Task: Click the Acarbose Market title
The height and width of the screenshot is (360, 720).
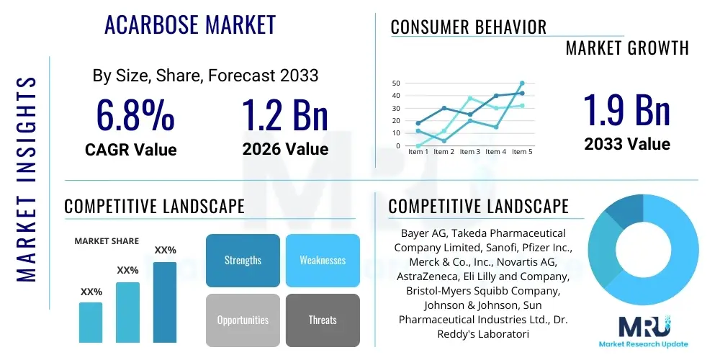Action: (x=190, y=25)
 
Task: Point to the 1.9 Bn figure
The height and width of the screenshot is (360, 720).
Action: (x=626, y=110)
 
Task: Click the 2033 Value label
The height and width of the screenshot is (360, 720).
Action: (x=626, y=144)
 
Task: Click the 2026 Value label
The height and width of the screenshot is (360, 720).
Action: (x=285, y=149)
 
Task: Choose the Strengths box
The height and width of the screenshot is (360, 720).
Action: (x=243, y=260)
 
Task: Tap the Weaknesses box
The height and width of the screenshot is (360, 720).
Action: (x=323, y=260)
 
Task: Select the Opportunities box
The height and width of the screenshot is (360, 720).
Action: (x=243, y=320)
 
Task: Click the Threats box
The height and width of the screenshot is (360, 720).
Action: (x=323, y=320)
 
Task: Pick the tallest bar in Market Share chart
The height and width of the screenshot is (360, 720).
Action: (x=165, y=302)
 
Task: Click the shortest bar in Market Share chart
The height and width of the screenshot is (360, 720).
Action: (x=91, y=322)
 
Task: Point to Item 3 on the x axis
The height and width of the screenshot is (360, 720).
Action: (x=469, y=152)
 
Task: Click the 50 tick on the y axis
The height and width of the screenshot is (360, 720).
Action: (x=395, y=84)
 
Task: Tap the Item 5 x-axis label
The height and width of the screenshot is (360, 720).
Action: (x=521, y=152)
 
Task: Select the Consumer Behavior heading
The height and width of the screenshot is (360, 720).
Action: (x=469, y=27)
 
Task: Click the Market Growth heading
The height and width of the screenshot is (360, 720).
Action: (x=627, y=48)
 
